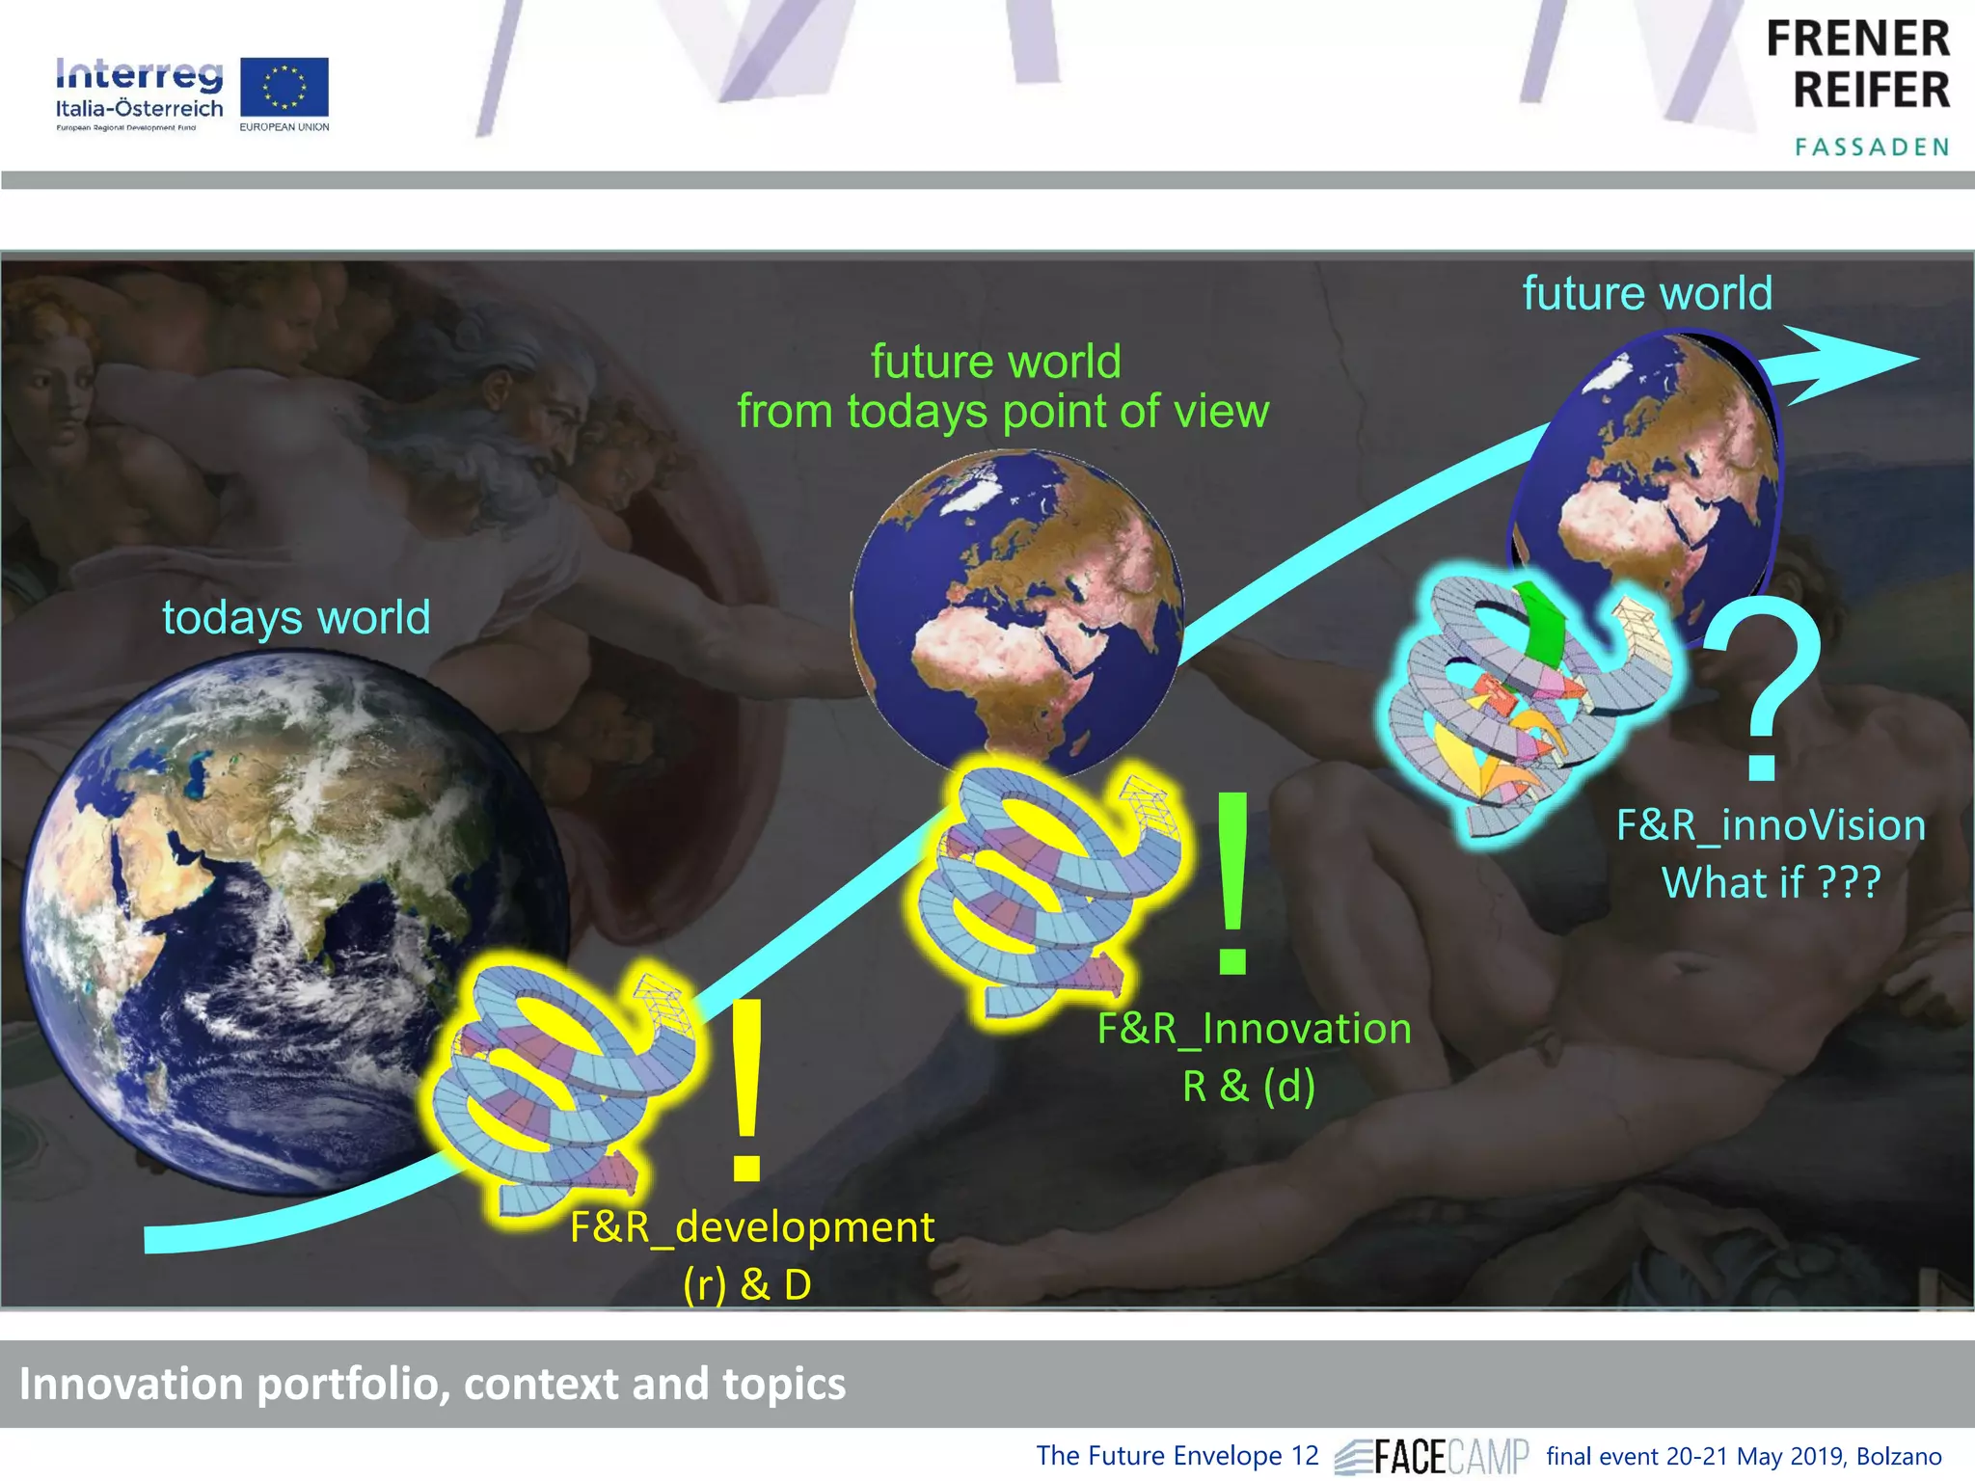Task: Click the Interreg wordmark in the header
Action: [139, 74]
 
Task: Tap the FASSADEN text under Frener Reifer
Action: [1871, 147]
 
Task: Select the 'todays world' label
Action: [296, 617]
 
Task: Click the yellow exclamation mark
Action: [747, 1090]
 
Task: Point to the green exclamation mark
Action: [1233, 883]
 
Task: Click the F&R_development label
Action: [751, 1226]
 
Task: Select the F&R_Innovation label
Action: [1254, 1028]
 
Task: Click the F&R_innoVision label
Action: [1771, 825]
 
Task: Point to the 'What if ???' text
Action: [1771, 882]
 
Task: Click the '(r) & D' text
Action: [747, 1284]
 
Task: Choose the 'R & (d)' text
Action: [1249, 1086]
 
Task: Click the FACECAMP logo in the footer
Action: [1432, 1456]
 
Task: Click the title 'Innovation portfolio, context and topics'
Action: [432, 1384]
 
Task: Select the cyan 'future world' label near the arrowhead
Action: [1647, 293]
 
